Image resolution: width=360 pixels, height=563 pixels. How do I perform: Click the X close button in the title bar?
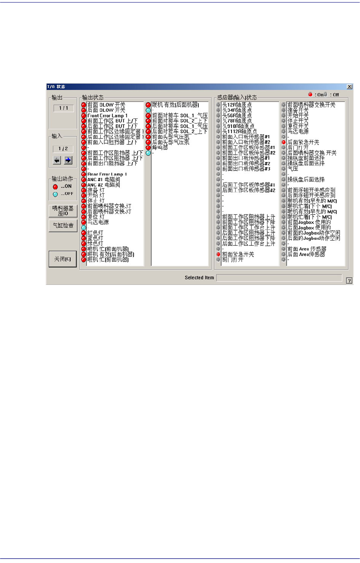click(x=349, y=87)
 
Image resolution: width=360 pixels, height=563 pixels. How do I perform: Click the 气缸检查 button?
click(x=63, y=225)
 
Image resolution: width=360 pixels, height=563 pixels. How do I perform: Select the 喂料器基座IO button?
click(x=63, y=210)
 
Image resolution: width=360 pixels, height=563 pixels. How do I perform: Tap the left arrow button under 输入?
click(x=57, y=160)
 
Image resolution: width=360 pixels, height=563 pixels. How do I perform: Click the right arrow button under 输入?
click(x=68, y=160)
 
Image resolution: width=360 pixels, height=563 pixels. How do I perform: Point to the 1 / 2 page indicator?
click(x=63, y=149)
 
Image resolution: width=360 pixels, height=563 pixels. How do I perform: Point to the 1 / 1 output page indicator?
click(x=63, y=108)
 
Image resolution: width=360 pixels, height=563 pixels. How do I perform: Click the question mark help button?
click(x=349, y=281)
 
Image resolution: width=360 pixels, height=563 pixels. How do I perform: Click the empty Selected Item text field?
click(x=279, y=278)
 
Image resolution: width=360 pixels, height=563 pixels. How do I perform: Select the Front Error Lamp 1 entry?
click(x=107, y=116)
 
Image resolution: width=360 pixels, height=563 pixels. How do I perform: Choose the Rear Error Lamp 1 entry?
click(x=107, y=174)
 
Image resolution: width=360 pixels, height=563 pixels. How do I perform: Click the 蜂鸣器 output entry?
click(x=160, y=147)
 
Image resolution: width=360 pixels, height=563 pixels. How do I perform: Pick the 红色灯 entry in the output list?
click(x=95, y=233)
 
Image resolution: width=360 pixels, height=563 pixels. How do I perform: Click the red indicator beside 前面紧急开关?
click(x=218, y=254)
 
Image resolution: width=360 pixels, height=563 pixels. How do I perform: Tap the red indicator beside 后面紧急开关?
click(x=283, y=142)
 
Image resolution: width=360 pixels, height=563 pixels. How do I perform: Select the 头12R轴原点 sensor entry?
click(x=237, y=105)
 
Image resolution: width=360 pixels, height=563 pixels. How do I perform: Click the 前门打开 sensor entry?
click(x=233, y=260)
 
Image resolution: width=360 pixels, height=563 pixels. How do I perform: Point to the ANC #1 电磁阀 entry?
click(x=103, y=179)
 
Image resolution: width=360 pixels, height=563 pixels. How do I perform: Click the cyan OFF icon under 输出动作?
click(x=56, y=194)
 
